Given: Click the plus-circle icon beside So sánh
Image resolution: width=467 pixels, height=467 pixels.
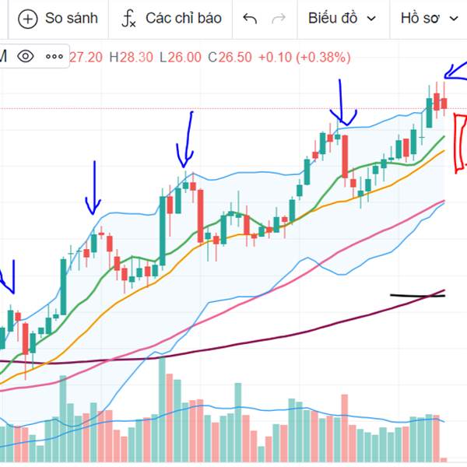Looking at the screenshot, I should pyautogui.click(x=27, y=18).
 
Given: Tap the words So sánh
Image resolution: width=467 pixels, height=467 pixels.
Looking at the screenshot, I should pyautogui.click(x=72, y=18).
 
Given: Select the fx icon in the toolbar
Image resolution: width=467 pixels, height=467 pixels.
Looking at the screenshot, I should pyautogui.click(x=128, y=19).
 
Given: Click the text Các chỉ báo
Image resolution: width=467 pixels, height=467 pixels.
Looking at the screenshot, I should pyautogui.click(x=184, y=18).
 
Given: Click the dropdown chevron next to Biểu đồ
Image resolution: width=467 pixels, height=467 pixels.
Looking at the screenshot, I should pyautogui.click(x=371, y=19).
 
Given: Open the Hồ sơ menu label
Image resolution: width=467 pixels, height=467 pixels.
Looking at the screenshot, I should pyautogui.click(x=421, y=18).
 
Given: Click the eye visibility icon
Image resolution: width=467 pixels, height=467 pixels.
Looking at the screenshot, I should pyautogui.click(x=26, y=56).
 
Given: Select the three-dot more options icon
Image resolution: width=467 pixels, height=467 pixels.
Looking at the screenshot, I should pyautogui.click(x=54, y=56).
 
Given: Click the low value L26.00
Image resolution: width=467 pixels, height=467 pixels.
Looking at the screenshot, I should pyautogui.click(x=179, y=57).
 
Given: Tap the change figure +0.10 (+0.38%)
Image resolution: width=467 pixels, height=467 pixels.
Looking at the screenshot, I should pyautogui.click(x=304, y=57).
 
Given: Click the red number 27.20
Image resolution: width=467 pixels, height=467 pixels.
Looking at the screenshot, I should pyautogui.click(x=86, y=57).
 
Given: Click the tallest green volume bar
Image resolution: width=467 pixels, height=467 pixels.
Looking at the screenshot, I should pyautogui.click(x=163, y=405).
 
